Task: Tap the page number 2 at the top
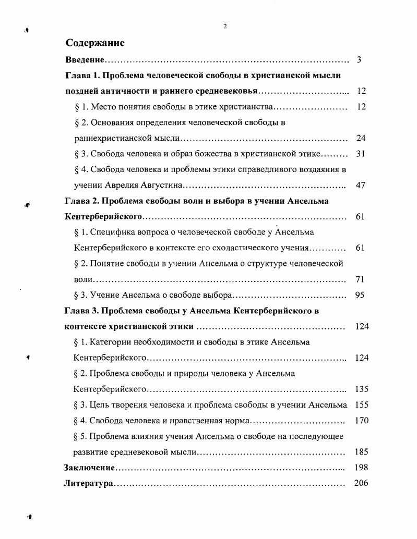click(224, 26)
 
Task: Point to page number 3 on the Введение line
click(359, 60)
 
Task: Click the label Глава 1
click(81, 76)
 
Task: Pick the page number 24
click(361, 139)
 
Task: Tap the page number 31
click(361, 154)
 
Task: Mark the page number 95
click(359, 296)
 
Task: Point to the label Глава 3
click(81, 311)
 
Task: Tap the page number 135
click(362, 389)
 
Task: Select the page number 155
click(362, 405)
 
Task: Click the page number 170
click(362, 421)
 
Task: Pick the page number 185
click(362, 452)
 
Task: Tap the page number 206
click(361, 483)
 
